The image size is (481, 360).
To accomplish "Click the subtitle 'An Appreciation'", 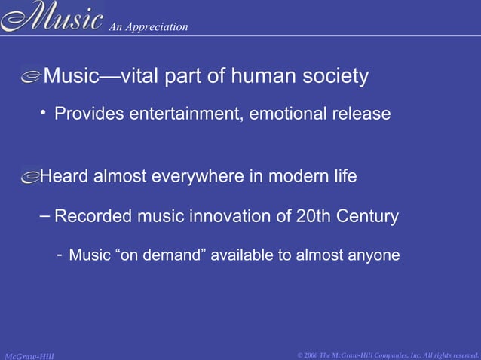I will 149,27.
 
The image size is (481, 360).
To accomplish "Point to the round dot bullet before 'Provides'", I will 44,113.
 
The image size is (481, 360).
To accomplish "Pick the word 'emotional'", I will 290,114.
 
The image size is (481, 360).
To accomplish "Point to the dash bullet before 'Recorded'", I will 44,216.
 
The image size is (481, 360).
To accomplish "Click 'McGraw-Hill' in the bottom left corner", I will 29,355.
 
